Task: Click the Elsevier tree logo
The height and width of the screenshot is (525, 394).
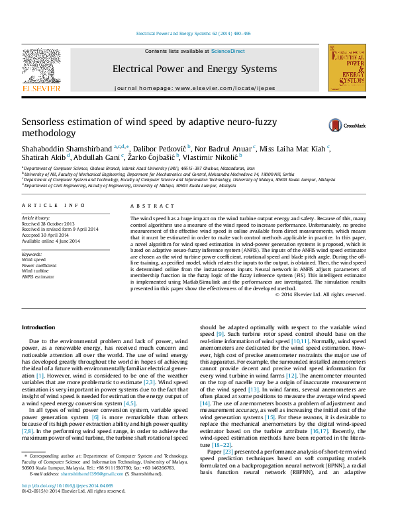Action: (x=41, y=67)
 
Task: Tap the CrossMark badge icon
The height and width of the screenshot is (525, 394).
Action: (x=338, y=125)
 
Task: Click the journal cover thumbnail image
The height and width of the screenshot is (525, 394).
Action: (x=347, y=68)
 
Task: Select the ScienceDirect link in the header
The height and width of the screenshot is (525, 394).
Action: (x=228, y=51)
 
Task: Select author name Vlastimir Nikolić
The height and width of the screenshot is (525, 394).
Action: (x=215, y=157)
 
